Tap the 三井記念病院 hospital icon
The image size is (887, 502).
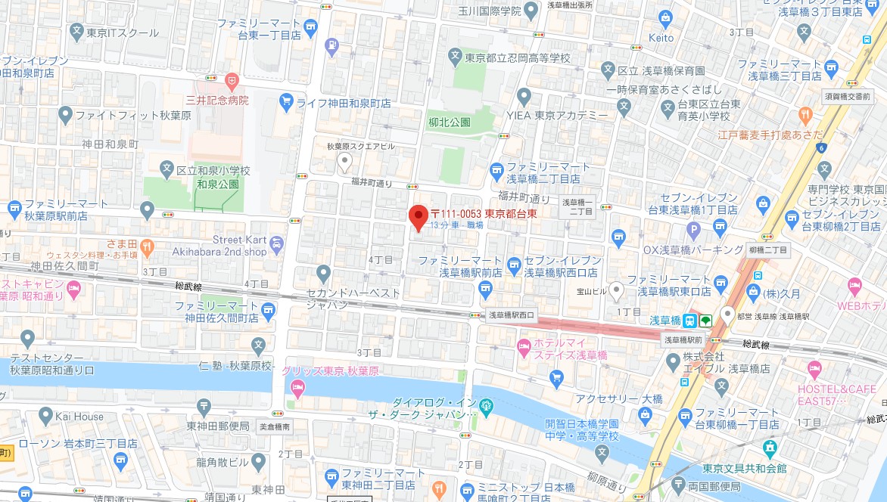coord(232,79)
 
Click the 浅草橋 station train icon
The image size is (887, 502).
coord(689,321)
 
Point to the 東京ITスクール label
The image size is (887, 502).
coord(123,33)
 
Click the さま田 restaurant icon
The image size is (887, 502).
coord(148,246)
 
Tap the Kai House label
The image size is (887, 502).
coord(78,416)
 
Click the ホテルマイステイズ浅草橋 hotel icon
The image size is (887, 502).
coord(523,346)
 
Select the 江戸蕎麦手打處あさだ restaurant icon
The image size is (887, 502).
coord(805,115)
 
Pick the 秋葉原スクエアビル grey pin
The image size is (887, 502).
coord(344,161)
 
